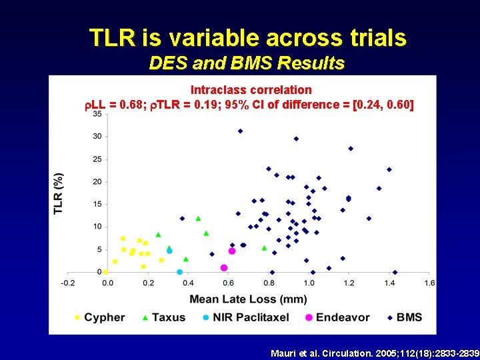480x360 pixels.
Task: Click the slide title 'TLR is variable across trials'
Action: [x=247, y=38]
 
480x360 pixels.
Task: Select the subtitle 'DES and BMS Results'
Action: [x=247, y=63]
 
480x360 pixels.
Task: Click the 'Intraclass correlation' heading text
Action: [x=251, y=89]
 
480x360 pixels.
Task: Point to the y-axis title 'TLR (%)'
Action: [x=59, y=193]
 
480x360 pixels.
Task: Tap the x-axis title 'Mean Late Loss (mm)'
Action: [x=248, y=299]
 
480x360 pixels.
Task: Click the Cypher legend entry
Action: [x=100, y=317]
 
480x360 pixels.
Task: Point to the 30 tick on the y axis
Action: [x=97, y=136]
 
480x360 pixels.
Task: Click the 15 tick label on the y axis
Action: [x=97, y=204]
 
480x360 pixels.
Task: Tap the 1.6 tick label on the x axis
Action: [x=430, y=283]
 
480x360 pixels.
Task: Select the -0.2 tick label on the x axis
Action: [x=67, y=283]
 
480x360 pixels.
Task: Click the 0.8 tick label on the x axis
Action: [x=269, y=283]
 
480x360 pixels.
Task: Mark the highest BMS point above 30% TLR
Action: [x=240, y=131]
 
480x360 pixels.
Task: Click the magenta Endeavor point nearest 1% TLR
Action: [x=224, y=267]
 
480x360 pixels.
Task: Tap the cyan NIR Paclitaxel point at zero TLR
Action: [x=179, y=272]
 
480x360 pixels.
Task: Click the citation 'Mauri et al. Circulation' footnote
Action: [x=375, y=352]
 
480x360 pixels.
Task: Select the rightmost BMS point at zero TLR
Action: [x=395, y=272]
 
